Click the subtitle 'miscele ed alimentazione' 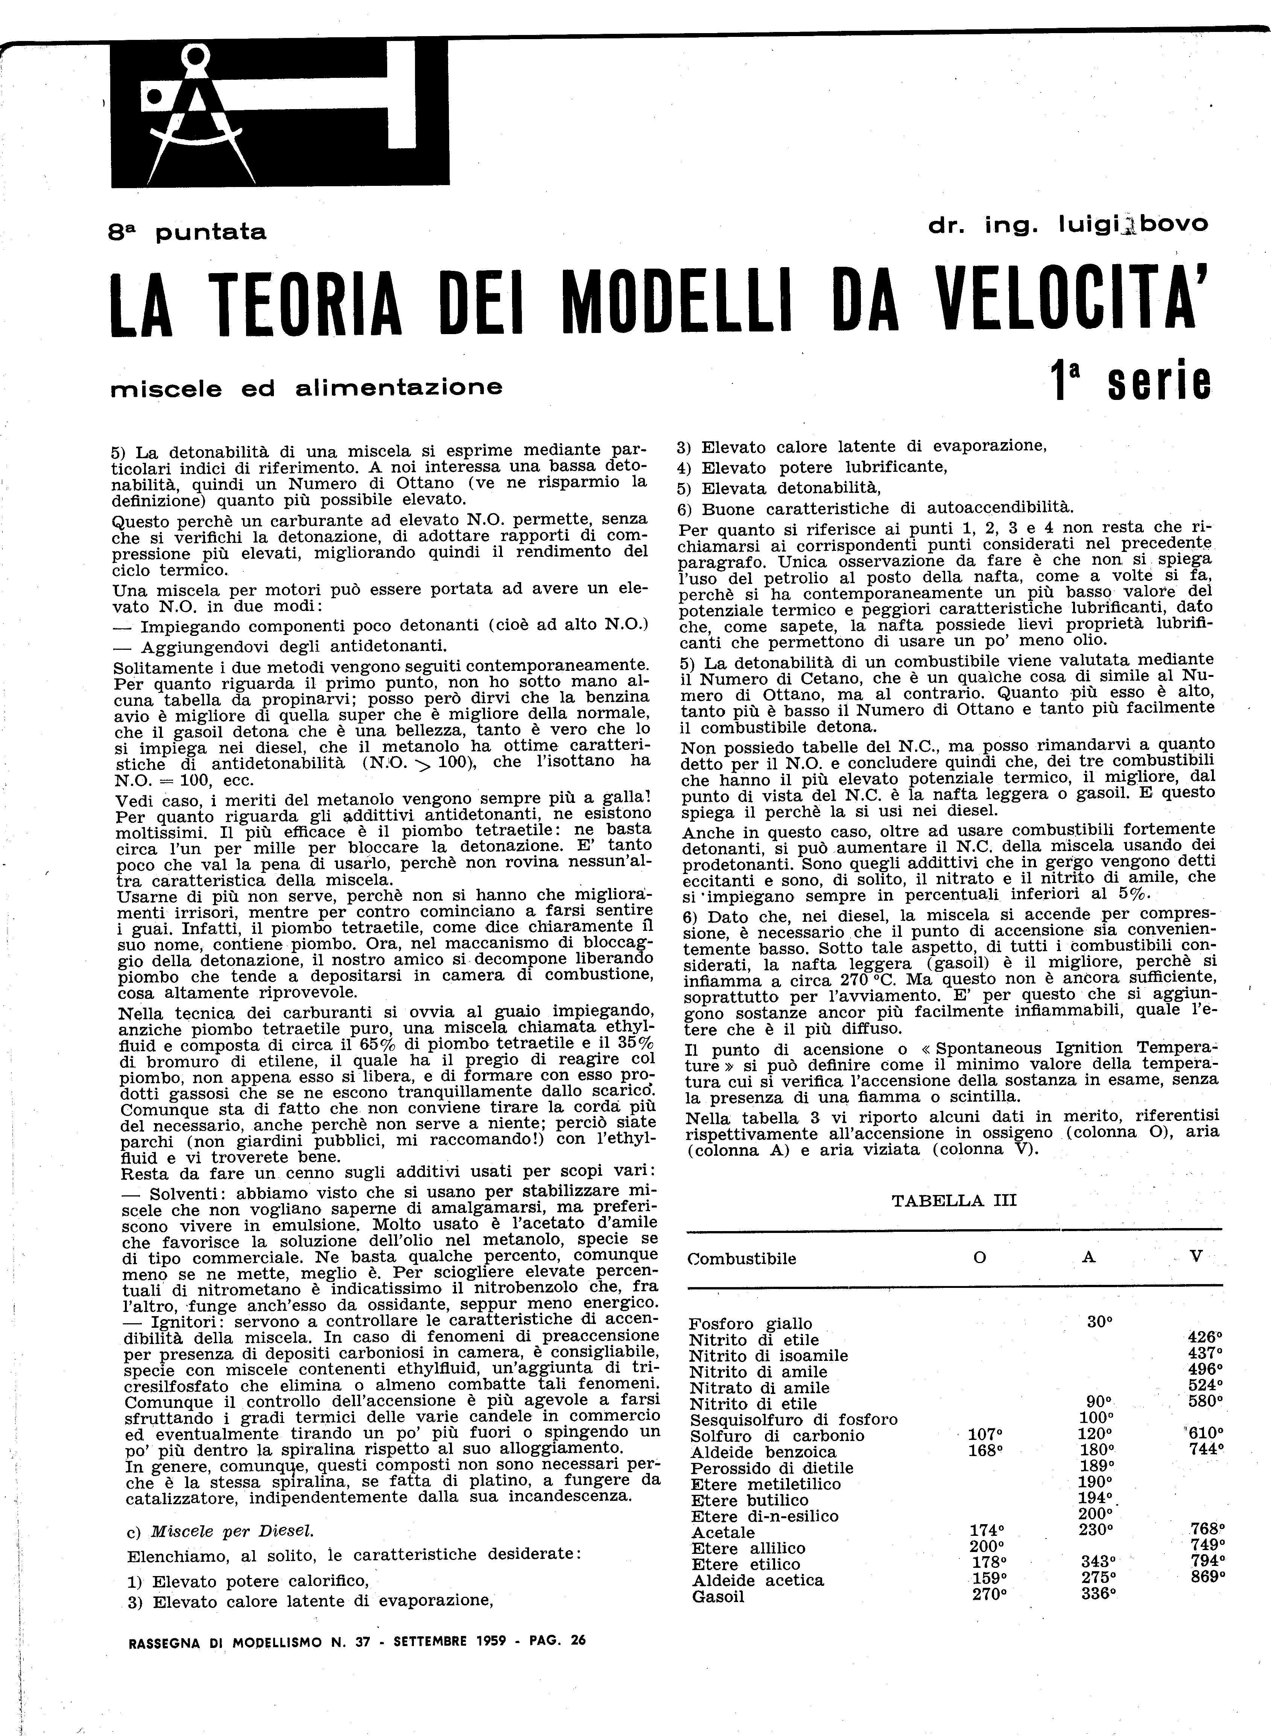tap(306, 388)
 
